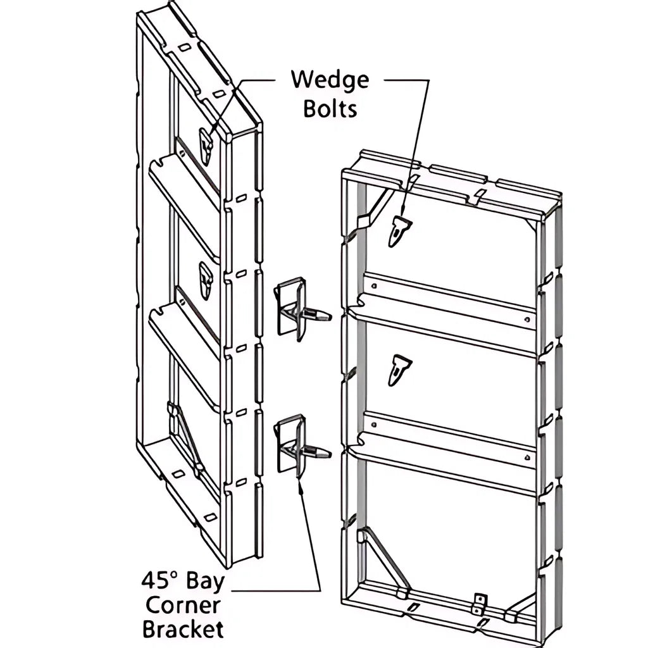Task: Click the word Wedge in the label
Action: [329, 80]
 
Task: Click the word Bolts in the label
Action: [330, 108]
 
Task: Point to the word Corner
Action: [182, 605]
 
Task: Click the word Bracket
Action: [182, 630]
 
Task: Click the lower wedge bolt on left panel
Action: [206, 280]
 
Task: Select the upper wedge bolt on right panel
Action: [399, 230]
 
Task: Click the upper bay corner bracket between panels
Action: [297, 309]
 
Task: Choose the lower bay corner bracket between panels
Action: [297, 445]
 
